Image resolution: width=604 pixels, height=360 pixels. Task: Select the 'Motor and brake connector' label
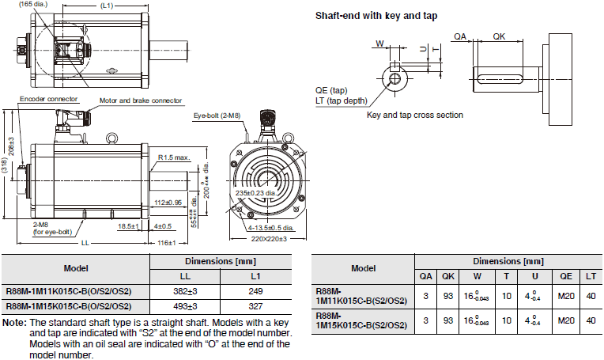tap(141, 101)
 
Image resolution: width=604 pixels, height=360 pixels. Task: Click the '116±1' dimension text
tap(166, 241)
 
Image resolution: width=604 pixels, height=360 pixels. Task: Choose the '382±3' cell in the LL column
tap(183, 290)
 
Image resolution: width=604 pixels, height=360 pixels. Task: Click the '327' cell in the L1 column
tap(255, 306)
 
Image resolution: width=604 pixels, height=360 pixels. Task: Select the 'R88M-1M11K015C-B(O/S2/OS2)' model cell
tap(74, 290)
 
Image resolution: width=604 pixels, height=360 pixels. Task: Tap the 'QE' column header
tap(565, 277)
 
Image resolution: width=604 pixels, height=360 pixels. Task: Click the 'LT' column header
tap(591, 277)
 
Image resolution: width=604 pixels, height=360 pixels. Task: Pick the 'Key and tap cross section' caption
tap(415, 115)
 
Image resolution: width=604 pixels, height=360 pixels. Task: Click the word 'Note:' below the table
tap(14, 324)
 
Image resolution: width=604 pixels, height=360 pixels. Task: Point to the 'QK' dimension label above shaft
tap(500, 36)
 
